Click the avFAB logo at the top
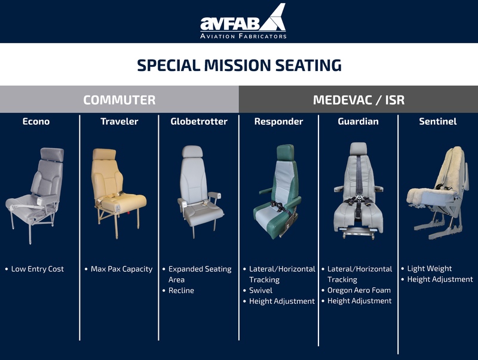click(243, 21)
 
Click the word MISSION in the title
click(237, 65)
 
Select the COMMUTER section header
click(119, 100)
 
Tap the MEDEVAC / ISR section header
click(358, 100)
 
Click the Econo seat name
click(36, 122)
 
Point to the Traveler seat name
click(119, 122)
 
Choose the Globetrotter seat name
click(199, 122)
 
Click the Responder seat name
click(278, 122)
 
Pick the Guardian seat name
click(358, 122)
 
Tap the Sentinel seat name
click(438, 122)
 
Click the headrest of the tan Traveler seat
click(104, 155)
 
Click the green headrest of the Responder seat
click(286, 153)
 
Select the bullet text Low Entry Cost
click(38, 269)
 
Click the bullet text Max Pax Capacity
click(122, 269)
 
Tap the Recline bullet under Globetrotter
click(181, 291)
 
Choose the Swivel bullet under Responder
click(261, 291)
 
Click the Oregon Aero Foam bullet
click(359, 290)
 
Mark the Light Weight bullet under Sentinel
click(430, 269)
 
